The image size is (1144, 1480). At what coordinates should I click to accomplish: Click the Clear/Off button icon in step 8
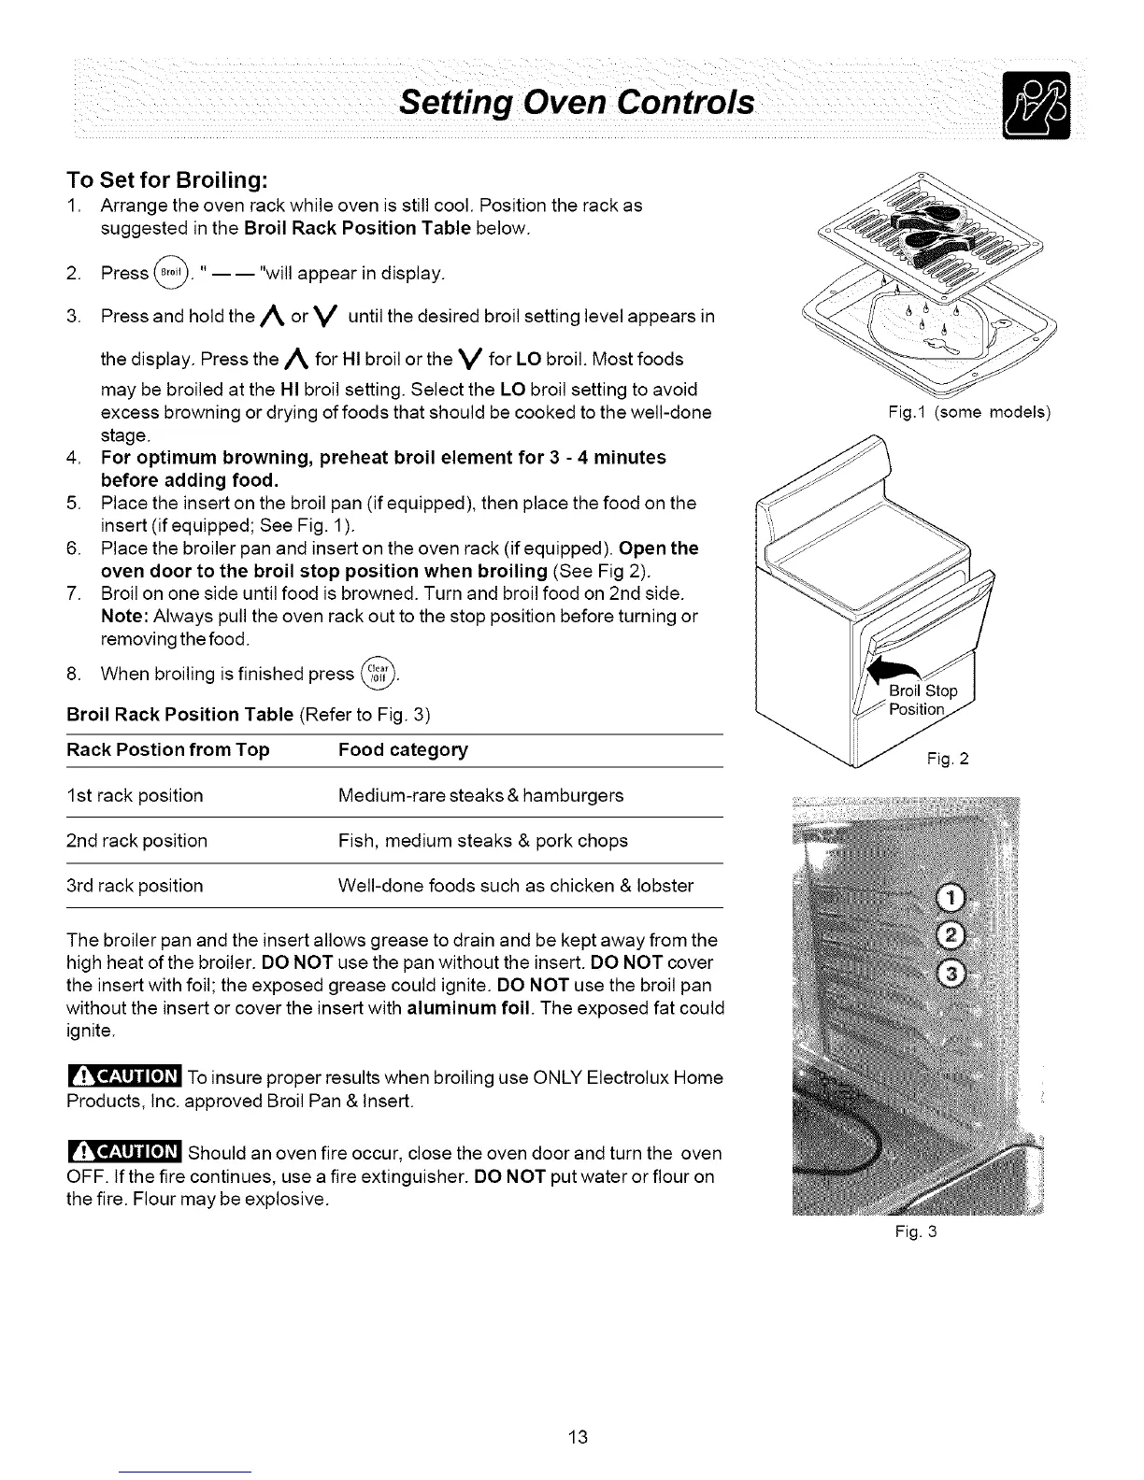tap(379, 673)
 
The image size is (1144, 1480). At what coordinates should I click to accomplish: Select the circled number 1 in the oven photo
tap(949, 900)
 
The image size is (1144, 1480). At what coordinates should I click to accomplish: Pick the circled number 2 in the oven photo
tap(950, 937)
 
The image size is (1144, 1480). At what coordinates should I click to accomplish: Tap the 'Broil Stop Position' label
tap(922, 700)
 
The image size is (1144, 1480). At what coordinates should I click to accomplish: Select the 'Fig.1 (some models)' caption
tap(971, 412)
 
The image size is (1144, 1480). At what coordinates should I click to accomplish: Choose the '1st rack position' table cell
tap(135, 796)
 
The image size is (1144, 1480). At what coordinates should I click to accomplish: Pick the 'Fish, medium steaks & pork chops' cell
tap(482, 841)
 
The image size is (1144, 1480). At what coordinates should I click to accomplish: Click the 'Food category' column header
tap(403, 749)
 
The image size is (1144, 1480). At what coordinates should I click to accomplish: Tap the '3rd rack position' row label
tap(135, 886)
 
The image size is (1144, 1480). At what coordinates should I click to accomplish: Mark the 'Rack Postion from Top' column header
tap(168, 749)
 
